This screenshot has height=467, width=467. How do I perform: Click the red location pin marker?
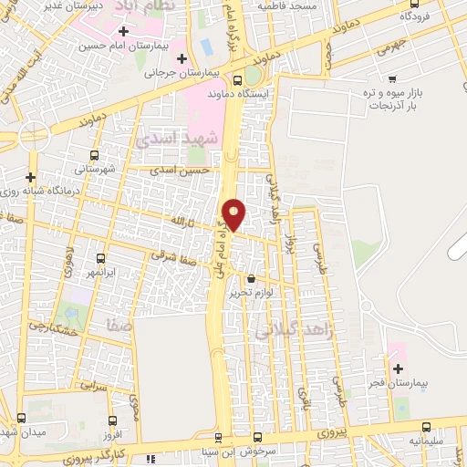pos(234,213)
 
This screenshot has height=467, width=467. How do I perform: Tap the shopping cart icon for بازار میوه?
pos(392,80)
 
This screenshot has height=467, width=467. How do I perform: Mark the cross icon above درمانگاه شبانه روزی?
pos(31,176)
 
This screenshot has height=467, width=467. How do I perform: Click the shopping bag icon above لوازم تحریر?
pos(253,278)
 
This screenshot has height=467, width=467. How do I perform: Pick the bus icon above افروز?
pos(112,421)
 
